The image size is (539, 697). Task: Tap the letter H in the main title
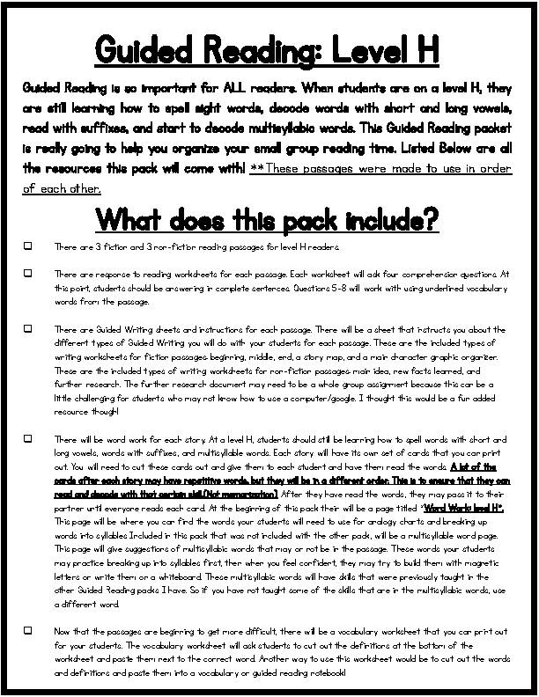coord(425,49)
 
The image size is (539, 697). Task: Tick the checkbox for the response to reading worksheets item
coord(29,274)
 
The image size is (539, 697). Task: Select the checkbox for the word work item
coord(29,437)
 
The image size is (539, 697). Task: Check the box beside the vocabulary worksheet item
coord(29,630)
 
